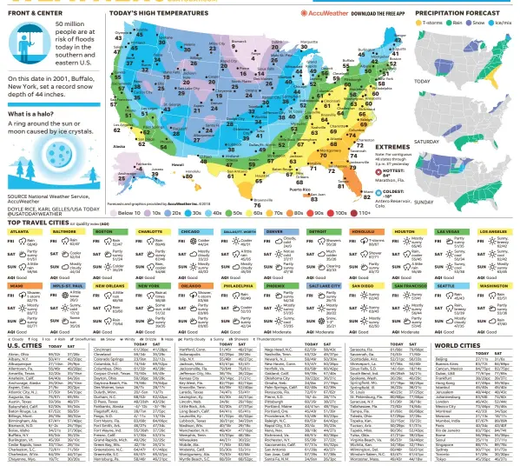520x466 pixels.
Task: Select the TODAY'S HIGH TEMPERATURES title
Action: click(157, 15)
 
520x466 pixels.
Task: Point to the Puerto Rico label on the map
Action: click(326, 188)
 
